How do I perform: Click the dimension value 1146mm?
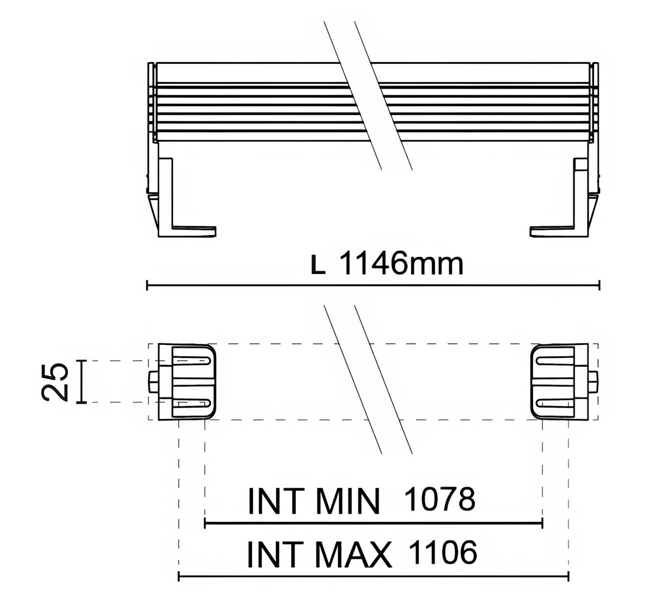tap(402, 264)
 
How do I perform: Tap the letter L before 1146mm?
tap(318, 266)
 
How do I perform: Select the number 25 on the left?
tap(55, 382)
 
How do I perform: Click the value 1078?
tap(439, 499)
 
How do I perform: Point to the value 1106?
tap(443, 553)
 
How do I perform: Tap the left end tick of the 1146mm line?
tap(147, 285)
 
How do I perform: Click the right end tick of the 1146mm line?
tap(600, 285)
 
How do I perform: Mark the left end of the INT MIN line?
tap(206, 524)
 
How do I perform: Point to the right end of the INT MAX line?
tap(568, 576)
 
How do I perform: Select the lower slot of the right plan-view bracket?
tap(554, 403)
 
